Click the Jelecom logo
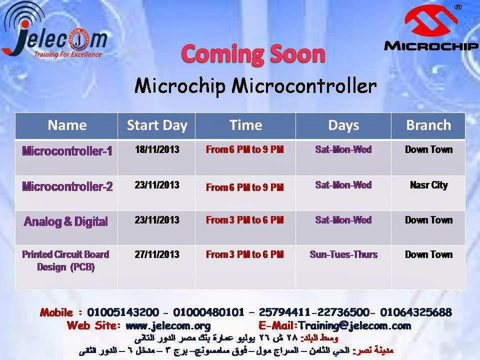(54, 30)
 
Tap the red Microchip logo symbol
(431, 21)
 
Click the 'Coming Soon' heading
(253, 54)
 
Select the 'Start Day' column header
(157, 125)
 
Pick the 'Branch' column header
(428, 125)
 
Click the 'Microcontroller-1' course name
(67, 151)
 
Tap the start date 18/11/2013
(157, 149)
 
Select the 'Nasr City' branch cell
(429, 185)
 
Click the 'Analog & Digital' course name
(66, 221)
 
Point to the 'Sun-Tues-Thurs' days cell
(343, 254)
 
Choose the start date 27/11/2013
(157, 254)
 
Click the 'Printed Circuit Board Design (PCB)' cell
(66, 260)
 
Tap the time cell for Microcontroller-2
(245, 187)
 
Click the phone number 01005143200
(123, 312)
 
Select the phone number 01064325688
(416, 312)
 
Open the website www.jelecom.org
(168, 325)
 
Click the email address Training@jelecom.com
(354, 325)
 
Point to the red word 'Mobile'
(56, 312)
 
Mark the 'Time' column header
(246, 125)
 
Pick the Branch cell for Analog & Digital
(428, 220)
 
